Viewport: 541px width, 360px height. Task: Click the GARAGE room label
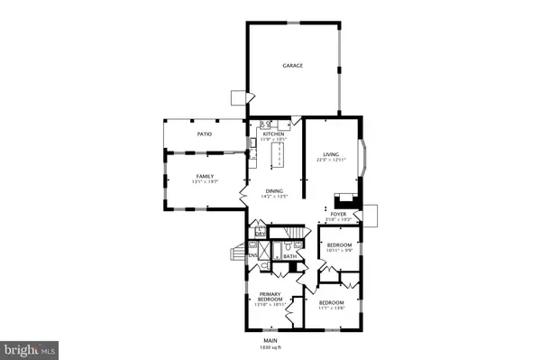[x=291, y=66]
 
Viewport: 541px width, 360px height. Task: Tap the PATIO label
[x=204, y=134]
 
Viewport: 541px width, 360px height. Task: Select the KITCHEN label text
[x=273, y=134]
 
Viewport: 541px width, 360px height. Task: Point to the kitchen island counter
[x=279, y=158]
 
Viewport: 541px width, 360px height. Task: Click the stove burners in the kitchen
[x=266, y=125]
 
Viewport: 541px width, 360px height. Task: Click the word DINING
[x=273, y=189]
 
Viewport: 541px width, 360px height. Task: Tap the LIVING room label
[x=330, y=154]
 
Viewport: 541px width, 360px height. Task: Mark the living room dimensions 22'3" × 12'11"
[x=330, y=161]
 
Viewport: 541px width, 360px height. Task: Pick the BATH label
[x=290, y=257]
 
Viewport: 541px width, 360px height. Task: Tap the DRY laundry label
[x=261, y=239]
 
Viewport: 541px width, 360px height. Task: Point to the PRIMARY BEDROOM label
[x=271, y=297]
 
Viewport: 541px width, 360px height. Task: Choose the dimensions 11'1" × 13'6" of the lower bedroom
[x=331, y=308]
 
